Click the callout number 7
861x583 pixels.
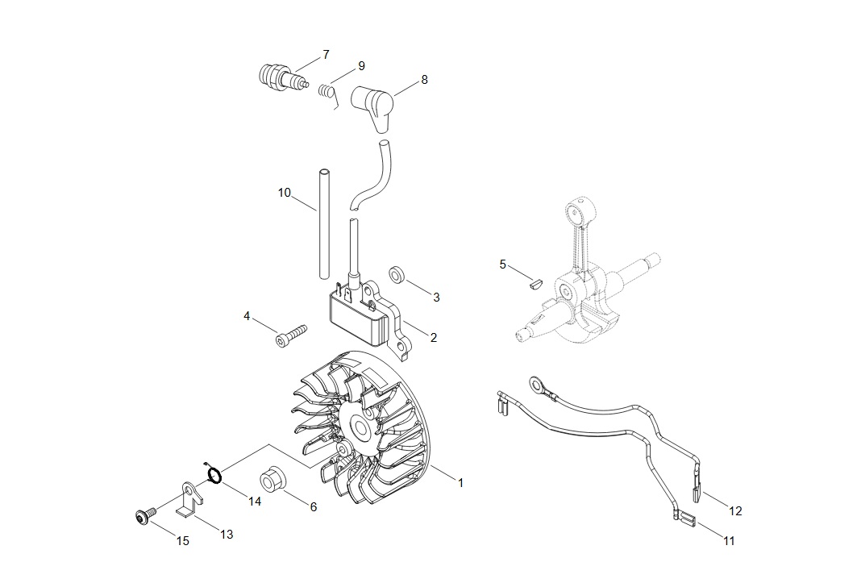(326, 54)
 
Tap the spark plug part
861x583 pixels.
(283, 77)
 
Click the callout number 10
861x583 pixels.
(284, 193)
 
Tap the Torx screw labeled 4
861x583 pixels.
(290, 335)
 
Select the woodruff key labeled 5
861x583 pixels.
(534, 284)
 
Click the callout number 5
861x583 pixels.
(502, 264)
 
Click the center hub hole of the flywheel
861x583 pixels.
(361, 427)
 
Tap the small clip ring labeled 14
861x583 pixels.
(214, 474)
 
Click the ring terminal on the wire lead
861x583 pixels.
(537, 385)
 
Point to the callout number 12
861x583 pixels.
(735, 511)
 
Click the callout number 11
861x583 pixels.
(729, 541)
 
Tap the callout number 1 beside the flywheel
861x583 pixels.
(460, 483)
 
